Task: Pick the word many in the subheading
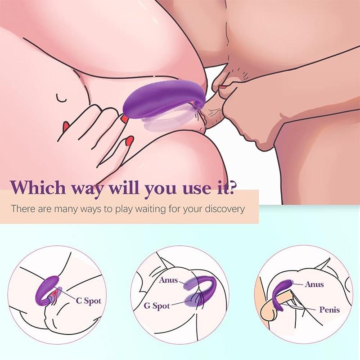click(x=66, y=209)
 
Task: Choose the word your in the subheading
click(x=196, y=209)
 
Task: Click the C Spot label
click(x=88, y=301)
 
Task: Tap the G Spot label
click(x=157, y=306)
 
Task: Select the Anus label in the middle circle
click(x=169, y=280)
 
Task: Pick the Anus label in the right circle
click(x=314, y=284)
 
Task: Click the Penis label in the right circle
click(x=329, y=310)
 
